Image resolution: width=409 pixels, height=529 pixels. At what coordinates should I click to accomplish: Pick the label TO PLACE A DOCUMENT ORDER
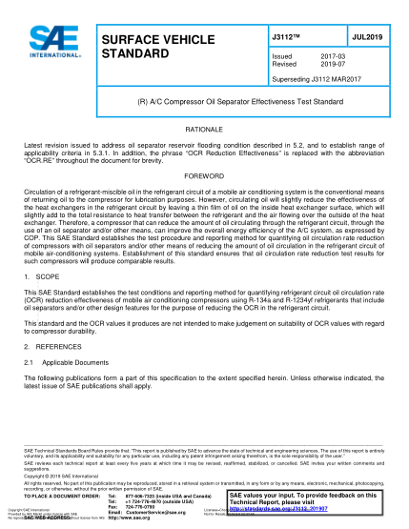click(59, 497)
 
